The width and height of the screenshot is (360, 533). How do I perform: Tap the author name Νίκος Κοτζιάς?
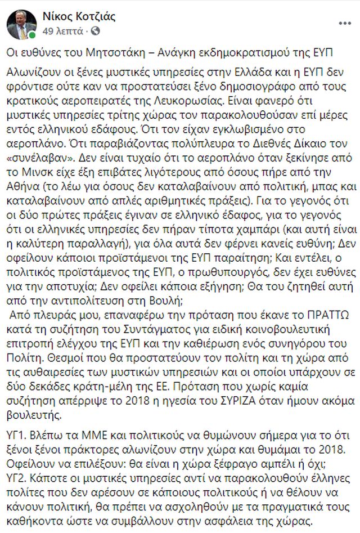pyautogui.click(x=79, y=16)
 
